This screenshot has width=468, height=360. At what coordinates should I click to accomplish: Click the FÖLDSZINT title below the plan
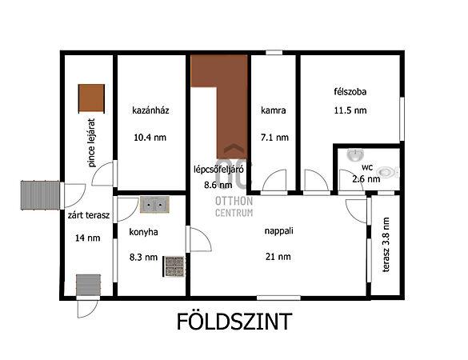click(x=234, y=322)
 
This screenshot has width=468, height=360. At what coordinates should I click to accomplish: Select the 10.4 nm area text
click(x=150, y=137)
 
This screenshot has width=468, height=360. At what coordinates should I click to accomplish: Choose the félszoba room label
click(x=350, y=90)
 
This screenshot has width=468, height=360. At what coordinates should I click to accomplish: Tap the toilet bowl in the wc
click(x=388, y=171)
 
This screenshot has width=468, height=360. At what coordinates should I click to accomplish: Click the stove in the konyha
click(x=174, y=266)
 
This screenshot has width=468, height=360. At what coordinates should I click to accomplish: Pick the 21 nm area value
click(x=279, y=257)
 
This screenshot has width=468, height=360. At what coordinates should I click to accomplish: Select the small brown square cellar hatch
click(x=91, y=98)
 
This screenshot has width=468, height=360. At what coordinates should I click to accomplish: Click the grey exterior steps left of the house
click(x=41, y=193)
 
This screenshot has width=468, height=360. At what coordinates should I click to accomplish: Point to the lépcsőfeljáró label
click(x=218, y=169)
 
